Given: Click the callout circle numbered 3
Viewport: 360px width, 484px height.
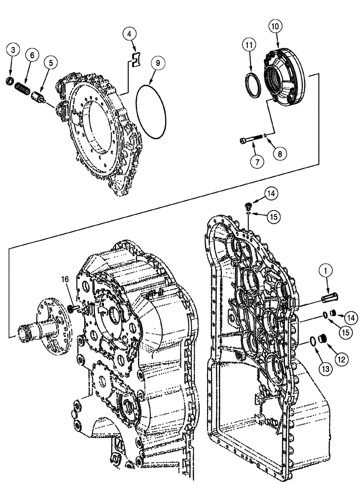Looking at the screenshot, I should point(14,49).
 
